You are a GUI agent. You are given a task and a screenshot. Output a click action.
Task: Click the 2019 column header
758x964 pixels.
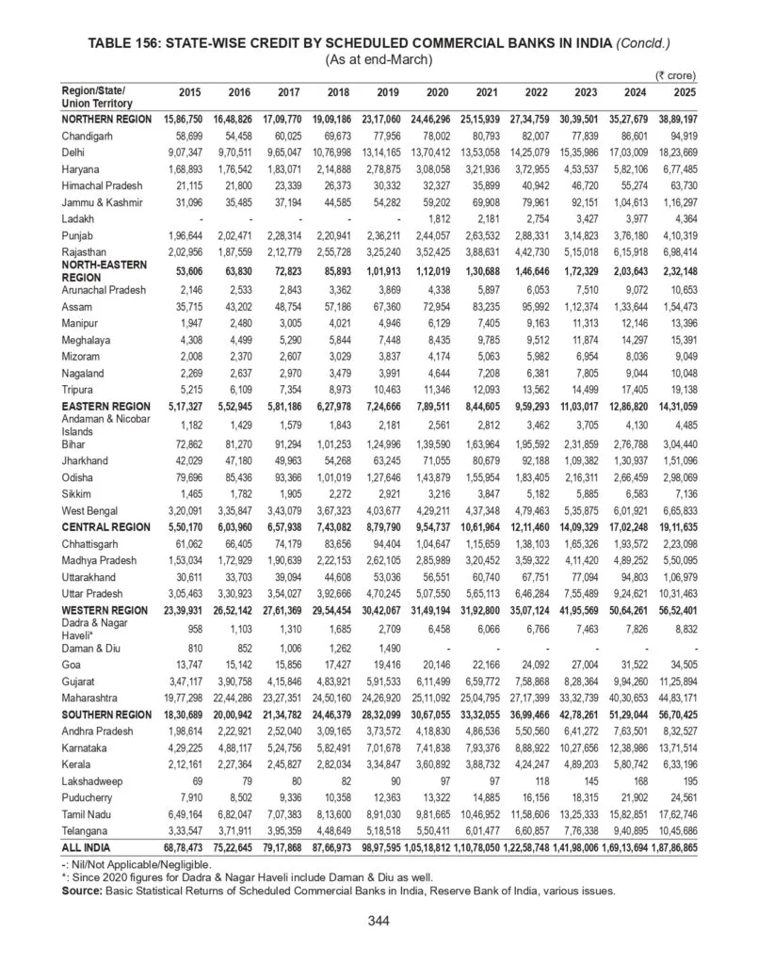pyautogui.click(x=387, y=92)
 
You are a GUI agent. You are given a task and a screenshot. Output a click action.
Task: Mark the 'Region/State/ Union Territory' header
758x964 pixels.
pyautogui.click(x=94, y=96)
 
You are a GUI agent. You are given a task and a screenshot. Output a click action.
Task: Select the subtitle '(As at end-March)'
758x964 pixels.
pyautogui.click(x=379, y=59)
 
